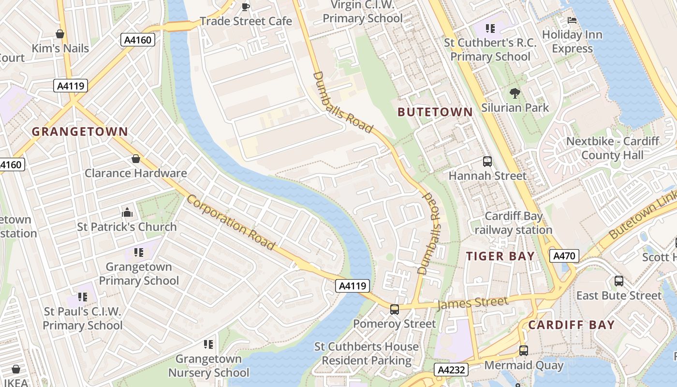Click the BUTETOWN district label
pos(435,112)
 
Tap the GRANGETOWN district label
pos(80,132)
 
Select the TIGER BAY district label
pos(500,256)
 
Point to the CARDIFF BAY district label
pos(571,325)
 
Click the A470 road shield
pos(564,256)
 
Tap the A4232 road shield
pos(451,370)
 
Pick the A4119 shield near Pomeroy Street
pos(353,286)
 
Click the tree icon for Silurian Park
pos(515,93)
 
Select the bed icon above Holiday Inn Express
pos(572,20)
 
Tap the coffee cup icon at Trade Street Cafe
pos(245,7)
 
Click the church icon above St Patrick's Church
pos(127,212)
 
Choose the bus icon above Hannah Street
pos(487,162)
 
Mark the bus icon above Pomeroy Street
pos(395,309)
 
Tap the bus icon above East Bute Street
pos(618,281)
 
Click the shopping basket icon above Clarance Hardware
pos(136,159)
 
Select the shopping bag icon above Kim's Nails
pos(60,34)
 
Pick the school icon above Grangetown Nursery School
pos(208,344)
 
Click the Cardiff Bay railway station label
pos(513,223)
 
